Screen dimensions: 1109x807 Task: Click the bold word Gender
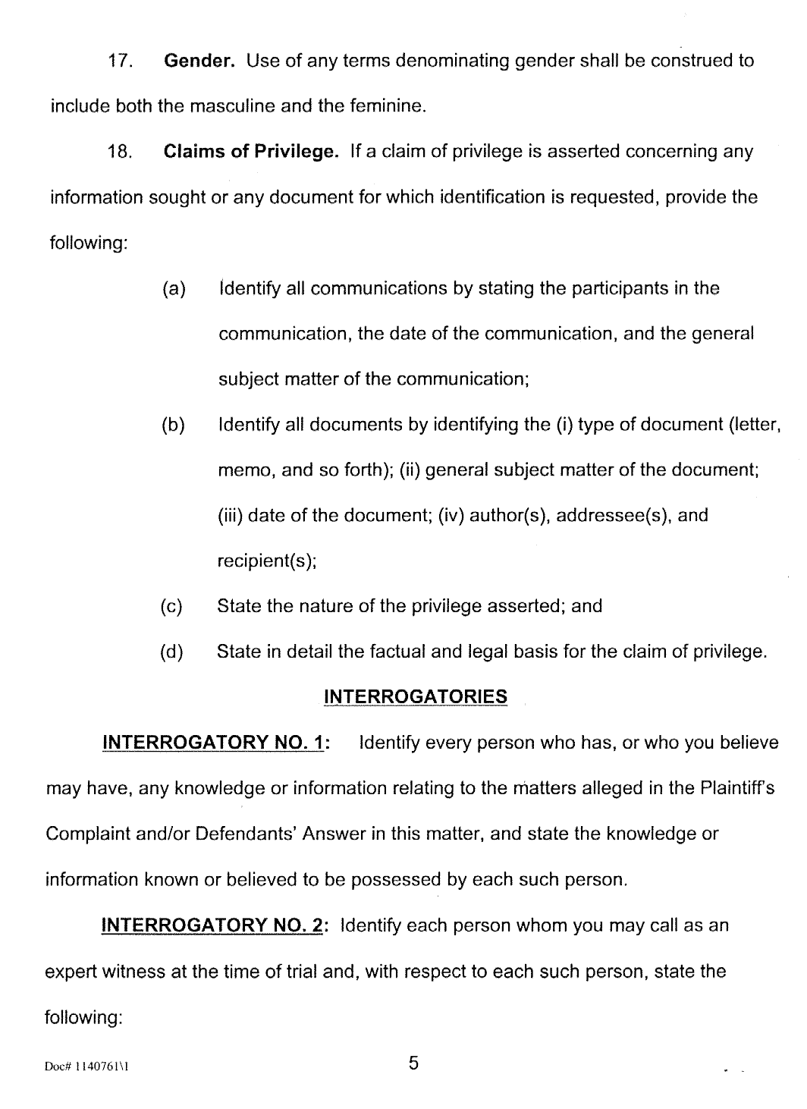[199, 61]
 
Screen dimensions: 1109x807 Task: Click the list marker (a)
[174, 289]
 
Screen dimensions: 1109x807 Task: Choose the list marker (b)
[174, 425]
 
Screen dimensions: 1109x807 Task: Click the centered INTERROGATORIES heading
[415, 697]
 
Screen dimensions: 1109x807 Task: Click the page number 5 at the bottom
[413, 1063]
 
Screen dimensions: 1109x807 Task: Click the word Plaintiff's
[731, 788]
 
